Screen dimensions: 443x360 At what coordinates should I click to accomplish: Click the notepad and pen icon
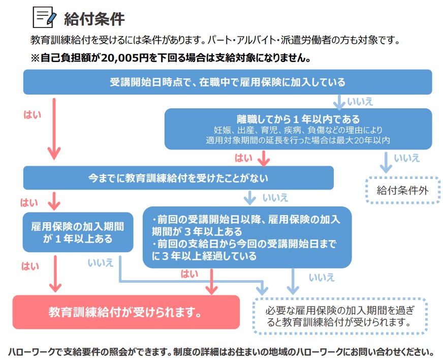tap(44, 17)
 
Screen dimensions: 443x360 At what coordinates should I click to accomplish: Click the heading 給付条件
tap(94, 19)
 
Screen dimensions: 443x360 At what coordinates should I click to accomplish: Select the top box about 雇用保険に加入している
tap(228, 82)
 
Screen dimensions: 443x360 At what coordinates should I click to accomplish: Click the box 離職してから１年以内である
tap(298, 129)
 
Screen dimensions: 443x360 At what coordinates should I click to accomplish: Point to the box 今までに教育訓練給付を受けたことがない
tap(178, 178)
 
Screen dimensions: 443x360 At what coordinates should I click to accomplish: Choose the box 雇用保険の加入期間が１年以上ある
tap(78, 232)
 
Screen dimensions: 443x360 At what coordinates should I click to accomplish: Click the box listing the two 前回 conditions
tap(247, 237)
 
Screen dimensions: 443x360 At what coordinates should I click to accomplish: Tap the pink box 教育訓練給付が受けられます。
tap(126, 312)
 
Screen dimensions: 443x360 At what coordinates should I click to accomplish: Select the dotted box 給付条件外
tap(402, 190)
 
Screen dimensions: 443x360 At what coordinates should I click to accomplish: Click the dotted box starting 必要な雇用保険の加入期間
tap(339, 316)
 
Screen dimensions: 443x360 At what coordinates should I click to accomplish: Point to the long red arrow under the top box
tap(54, 129)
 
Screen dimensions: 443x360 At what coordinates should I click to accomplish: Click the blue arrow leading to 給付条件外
tap(386, 162)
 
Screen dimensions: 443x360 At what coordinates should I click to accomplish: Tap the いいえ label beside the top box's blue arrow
tap(360, 102)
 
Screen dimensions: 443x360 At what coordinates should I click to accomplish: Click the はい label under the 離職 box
tap(243, 158)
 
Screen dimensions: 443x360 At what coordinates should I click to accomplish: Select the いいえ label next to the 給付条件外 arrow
tap(407, 158)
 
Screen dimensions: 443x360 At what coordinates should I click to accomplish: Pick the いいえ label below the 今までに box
tap(275, 198)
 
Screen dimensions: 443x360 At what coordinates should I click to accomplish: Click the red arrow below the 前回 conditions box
tap(211, 281)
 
